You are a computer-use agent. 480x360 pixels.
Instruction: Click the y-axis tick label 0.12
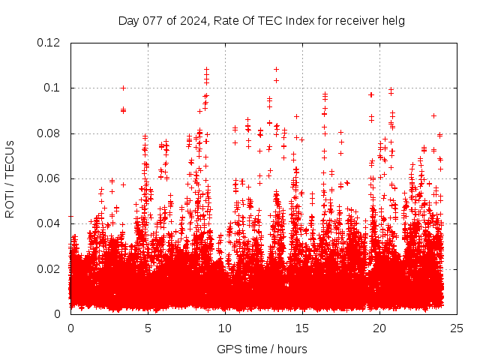(x=49, y=43)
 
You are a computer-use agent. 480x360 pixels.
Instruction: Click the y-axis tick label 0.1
(x=54, y=88)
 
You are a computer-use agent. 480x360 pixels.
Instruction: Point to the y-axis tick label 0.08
(x=49, y=133)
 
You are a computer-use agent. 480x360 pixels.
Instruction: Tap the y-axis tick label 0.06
(x=49, y=178)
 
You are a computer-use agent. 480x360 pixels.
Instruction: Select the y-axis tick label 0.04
(x=49, y=223)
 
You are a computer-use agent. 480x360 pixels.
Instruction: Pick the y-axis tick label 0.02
(x=49, y=268)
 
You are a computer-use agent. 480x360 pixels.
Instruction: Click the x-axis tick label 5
(x=148, y=328)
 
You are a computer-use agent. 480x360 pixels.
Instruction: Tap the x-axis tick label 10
(x=225, y=328)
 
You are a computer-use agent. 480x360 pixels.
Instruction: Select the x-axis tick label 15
(x=302, y=328)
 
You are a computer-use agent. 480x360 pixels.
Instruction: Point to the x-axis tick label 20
(x=379, y=328)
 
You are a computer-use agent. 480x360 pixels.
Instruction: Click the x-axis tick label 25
(x=457, y=328)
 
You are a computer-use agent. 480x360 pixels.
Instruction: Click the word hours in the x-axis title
(x=291, y=349)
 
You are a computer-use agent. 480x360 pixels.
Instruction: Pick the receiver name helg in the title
(x=393, y=20)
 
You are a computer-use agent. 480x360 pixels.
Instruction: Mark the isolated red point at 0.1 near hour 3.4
(x=123, y=88)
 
